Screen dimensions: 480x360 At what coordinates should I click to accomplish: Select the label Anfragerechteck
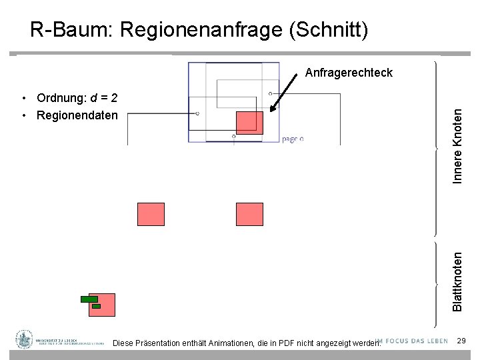[349, 73]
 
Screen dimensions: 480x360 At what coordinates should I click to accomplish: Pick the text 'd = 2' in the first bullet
[105, 99]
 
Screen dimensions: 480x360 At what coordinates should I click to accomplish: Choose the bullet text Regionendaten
[77, 115]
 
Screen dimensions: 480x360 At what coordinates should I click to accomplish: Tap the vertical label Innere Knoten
[457, 147]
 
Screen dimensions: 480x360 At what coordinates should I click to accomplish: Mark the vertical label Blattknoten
[457, 280]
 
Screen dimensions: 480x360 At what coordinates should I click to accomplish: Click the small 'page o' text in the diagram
[293, 139]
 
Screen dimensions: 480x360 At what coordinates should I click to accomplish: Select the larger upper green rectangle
[89, 299]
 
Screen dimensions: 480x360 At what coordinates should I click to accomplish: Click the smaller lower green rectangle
[96, 306]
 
